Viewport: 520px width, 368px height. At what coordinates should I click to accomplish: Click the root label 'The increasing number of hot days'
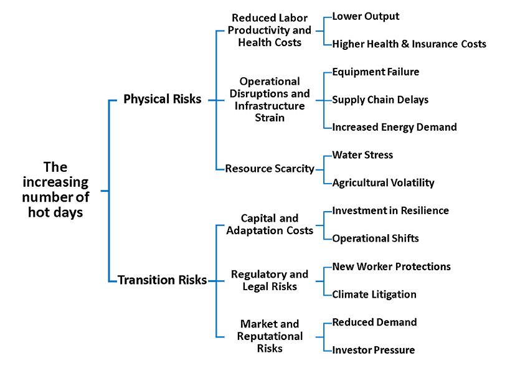(55, 190)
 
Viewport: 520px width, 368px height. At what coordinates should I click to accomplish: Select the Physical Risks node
(162, 99)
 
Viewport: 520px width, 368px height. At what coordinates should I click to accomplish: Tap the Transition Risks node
(162, 280)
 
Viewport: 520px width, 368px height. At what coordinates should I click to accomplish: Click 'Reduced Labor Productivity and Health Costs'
(270, 30)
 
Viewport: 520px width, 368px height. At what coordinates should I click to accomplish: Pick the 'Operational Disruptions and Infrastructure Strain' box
(270, 100)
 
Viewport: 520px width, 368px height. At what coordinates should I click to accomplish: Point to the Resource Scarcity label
(270, 168)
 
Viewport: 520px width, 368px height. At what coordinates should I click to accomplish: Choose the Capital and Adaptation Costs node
(270, 224)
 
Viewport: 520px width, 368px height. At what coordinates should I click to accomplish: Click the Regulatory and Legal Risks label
(270, 280)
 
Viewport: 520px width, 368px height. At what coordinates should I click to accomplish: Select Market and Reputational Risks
(270, 336)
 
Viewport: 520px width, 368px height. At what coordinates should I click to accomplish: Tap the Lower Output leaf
(366, 16)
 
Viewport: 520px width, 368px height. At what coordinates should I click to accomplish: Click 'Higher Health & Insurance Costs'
(409, 44)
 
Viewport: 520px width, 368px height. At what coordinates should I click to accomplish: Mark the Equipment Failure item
(376, 72)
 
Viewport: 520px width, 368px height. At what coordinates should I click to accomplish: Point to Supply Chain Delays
(381, 100)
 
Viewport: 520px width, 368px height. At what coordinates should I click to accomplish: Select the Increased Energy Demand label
(395, 127)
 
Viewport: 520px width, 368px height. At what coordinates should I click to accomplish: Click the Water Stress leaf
(362, 155)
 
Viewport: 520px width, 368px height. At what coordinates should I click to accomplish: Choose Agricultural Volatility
(384, 182)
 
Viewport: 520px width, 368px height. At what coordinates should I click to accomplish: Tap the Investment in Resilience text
(390, 210)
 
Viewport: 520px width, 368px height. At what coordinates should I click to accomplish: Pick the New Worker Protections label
(392, 267)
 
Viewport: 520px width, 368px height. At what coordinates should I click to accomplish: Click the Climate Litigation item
(374, 295)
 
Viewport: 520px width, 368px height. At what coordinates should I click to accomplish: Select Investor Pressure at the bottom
(374, 350)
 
